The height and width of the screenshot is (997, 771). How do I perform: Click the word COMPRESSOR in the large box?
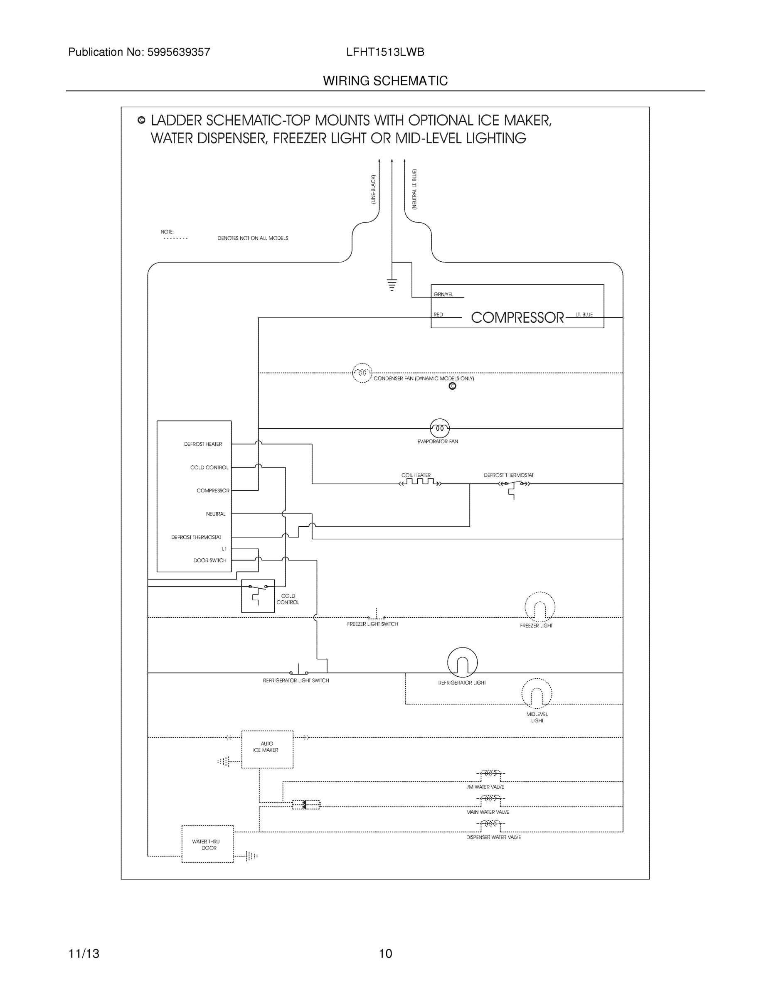[517, 317]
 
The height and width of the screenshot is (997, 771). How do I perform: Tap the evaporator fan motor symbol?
[439, 428]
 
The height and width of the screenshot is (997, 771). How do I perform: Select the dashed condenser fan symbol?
[362, 373]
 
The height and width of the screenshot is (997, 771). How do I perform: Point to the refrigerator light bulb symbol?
[462, 663]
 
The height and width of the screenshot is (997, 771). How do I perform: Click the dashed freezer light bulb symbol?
[539, 607]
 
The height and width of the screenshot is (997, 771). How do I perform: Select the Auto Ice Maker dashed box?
[267, 749]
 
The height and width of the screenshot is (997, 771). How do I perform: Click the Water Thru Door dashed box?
[207, 844]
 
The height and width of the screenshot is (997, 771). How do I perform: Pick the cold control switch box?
[258, 596]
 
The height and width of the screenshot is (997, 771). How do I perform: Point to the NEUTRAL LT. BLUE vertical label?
[414, 189]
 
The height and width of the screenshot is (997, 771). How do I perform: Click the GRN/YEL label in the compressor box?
[443, 295]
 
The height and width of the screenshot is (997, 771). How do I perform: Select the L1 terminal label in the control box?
[224, 549]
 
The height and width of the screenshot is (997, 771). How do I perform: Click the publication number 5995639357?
[178, 52]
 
